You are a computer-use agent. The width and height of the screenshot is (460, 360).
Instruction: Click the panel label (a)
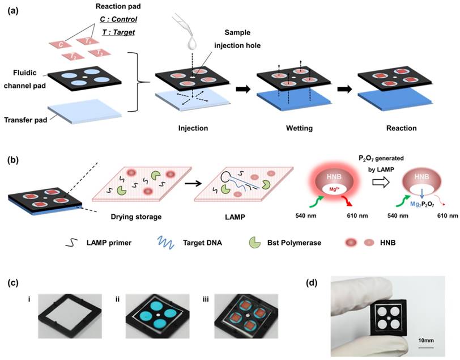coord(13,11)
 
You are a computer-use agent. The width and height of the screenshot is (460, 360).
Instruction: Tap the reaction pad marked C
coord(60,44)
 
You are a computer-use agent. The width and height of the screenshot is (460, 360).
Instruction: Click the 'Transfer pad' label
coord(25,120)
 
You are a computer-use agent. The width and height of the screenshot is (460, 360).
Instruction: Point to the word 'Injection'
coord(193,128)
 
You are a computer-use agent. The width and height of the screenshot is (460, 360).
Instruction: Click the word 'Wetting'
coord(299,128)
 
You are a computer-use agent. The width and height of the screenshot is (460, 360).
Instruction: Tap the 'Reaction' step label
coord(401,128)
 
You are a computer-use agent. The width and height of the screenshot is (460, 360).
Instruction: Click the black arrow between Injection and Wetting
coord(243,89)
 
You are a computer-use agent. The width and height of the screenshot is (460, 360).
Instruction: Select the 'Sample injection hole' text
coord(237,39)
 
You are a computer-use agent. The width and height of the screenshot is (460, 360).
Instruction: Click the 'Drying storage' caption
coord(136,217)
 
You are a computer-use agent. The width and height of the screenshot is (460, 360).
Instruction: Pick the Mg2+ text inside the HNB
coord(333,189)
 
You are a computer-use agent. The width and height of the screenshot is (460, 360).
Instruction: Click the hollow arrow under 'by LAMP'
coord(381,183)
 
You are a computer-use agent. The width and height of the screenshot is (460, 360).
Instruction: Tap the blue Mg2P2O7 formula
coord(422,204)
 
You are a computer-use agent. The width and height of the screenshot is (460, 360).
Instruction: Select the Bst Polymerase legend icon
coord(255,243)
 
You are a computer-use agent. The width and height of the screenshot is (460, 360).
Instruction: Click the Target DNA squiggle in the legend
coord(166,243)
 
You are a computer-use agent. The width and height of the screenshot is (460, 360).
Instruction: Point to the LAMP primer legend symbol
coord(71,243)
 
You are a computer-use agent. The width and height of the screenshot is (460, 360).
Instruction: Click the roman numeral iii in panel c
coord(206,299)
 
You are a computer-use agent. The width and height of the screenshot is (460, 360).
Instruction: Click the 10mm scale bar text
coord(425,341)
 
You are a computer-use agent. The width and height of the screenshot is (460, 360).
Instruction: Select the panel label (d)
coord(311,283)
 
